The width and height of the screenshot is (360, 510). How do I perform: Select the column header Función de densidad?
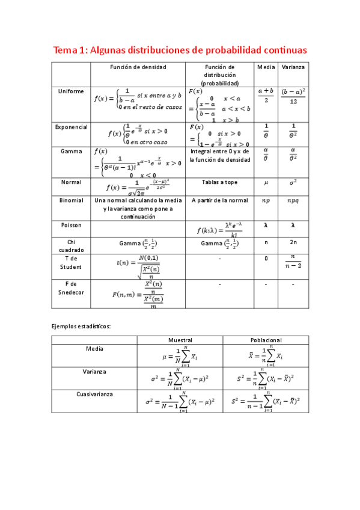coord(137,67)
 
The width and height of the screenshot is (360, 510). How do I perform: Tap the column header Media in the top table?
coord(266,67)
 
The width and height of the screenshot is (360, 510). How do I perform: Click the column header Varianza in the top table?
coord(293,67)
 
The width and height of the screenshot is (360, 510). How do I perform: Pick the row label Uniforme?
coord(71,91)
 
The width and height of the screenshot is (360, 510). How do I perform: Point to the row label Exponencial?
coord(71,127)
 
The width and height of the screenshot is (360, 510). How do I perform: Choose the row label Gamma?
coord(71,152)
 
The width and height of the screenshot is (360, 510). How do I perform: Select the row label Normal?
coord(71,182)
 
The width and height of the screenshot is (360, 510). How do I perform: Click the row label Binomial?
coord(71,200)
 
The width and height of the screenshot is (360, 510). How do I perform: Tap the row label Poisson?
coord(71,225)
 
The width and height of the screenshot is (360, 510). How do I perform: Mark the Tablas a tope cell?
coord(219,182)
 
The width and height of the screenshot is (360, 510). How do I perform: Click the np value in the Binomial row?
coord(266,200)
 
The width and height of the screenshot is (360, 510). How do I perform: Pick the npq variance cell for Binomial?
coord(293,200)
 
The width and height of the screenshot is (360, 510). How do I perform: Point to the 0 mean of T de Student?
coord(266,259)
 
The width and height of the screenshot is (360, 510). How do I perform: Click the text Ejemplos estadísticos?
coord(81,325)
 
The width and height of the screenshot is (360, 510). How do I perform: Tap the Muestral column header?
coord(180,340)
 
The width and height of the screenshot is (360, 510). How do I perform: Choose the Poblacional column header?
coord(264,340)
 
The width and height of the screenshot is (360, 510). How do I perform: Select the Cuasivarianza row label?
coord(94,395)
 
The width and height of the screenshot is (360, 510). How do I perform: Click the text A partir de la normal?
coord(219,200)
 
